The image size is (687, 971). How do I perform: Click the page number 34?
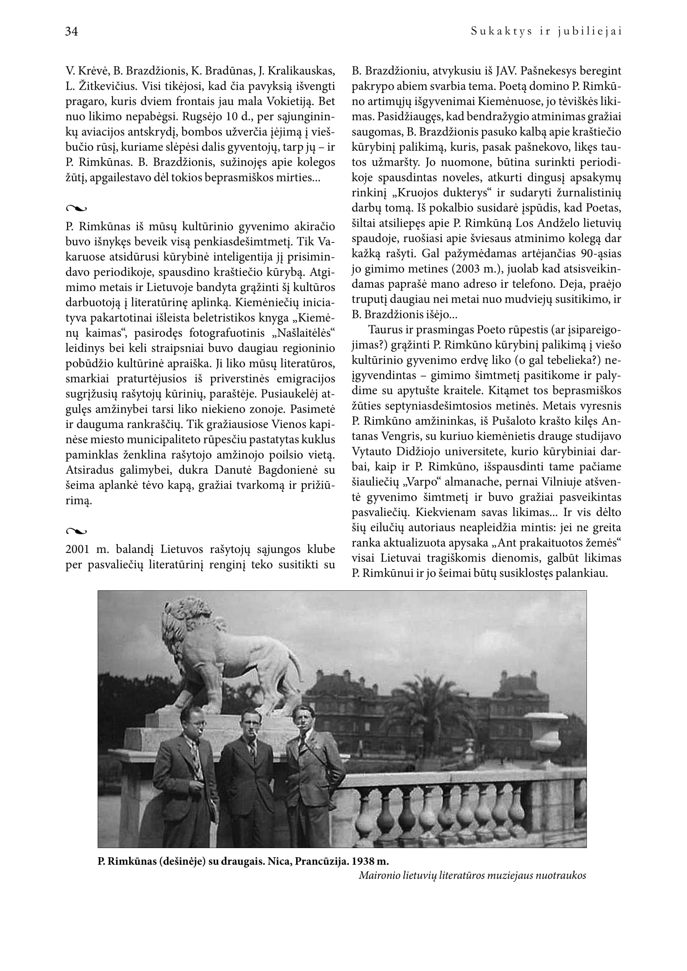pyautogui.click(x=71, y=32)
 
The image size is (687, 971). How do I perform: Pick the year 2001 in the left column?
pyautogui.click(x=78, y=550)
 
